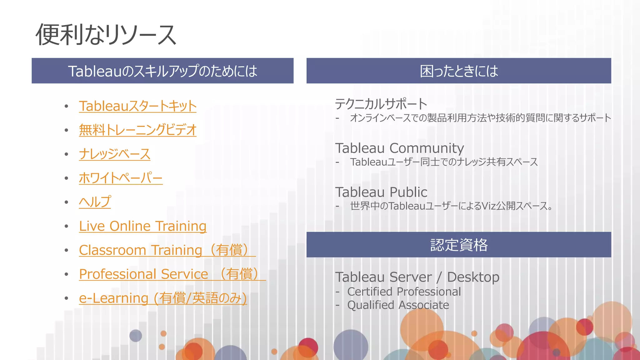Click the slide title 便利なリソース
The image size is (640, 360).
coord(106,35)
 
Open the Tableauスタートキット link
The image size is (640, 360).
coord(137,106)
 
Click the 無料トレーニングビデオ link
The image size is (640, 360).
coord(137,130)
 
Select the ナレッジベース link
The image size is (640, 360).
coord(114,154)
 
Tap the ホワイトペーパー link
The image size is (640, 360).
coord(121,178)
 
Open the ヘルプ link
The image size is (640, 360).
coord(95,202)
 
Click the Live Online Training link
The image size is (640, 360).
coord(142,226)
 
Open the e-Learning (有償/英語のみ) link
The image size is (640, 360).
coord(163,298)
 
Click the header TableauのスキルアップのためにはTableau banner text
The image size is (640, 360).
coord(162,71)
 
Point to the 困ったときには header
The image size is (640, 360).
coord(459,71)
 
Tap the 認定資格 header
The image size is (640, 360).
coord(459,245)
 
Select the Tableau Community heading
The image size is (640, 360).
coord(399,148)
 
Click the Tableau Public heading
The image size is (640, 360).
coord(381,192)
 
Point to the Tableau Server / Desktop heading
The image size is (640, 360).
coord(417,277)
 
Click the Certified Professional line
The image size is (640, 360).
coord(404,292)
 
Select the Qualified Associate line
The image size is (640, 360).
coord(398,305)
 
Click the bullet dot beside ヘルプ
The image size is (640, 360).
coord(66,202)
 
